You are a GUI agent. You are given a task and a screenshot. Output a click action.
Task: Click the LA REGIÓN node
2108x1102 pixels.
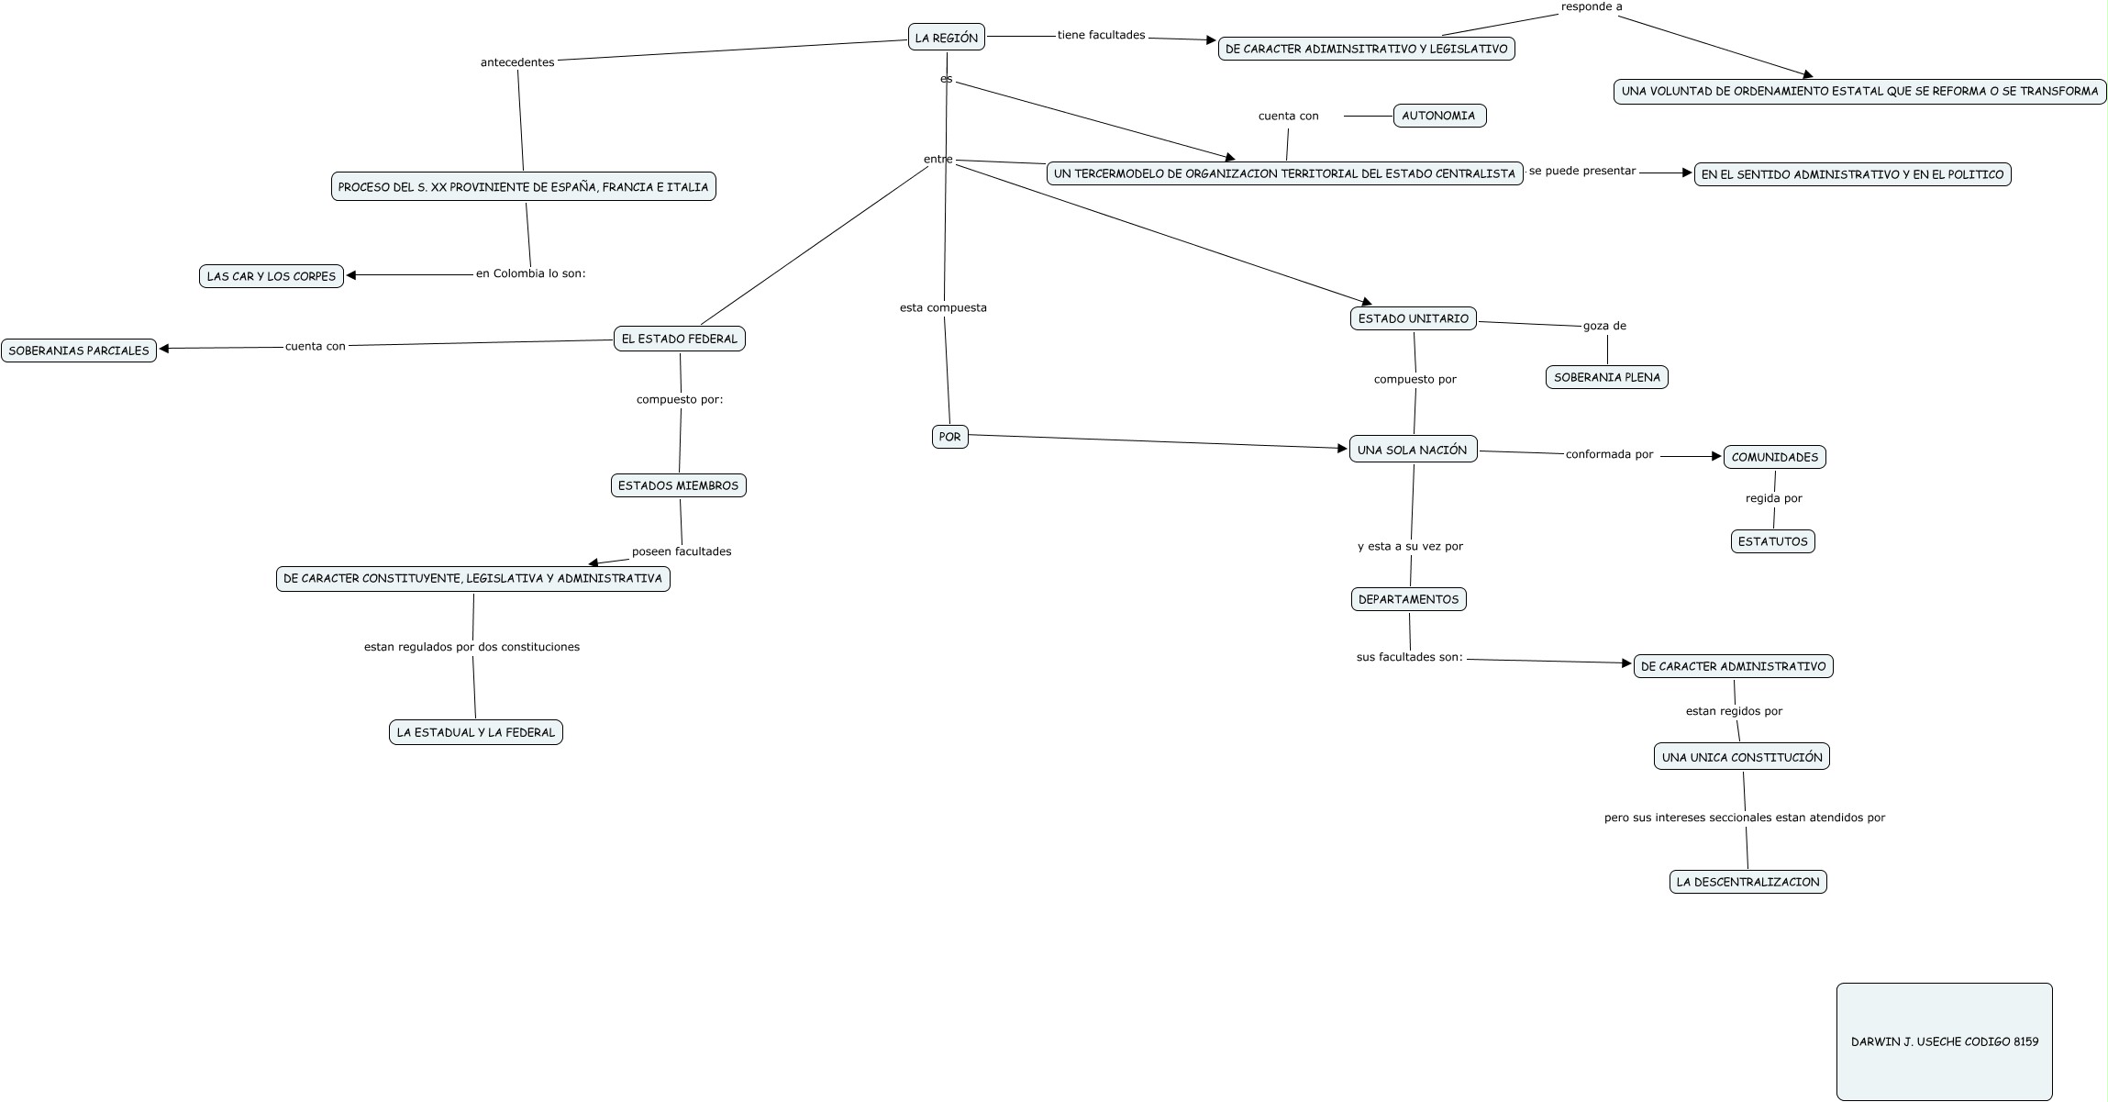pyautogui.click(x=946, y=38)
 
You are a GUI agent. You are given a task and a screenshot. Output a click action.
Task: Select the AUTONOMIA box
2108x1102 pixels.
pyautogui.click(x=1438, y=116)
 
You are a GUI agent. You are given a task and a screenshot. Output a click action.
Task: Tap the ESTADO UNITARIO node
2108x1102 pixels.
pyautogui.click(x=1413, y=318)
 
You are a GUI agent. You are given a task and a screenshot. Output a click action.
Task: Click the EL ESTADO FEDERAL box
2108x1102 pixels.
pyautogui.click(x=679, y=339)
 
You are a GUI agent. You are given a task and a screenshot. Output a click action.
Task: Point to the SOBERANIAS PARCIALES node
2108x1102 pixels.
pyautogui.click(x=79, y=351)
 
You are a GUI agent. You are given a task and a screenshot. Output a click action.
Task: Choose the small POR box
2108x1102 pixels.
pyautogui.click(x=949, y=437)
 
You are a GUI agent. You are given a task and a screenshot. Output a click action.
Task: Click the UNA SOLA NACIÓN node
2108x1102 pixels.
pyautogui.click(x=1413, y=450)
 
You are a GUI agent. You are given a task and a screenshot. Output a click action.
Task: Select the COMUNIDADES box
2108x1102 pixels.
pyautogui.click(x=1774, y=457)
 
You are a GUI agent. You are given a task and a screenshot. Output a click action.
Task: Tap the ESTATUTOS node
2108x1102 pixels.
pyautogui.click(x=1772, y=541)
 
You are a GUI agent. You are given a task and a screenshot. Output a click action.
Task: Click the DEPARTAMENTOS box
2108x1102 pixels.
pyautogui.click(x=1408, y=599)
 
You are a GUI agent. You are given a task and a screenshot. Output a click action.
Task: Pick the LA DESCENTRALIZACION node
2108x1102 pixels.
pyautogui.click(x=1747, y=882)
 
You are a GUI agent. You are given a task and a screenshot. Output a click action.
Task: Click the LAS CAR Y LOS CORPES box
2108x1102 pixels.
pyautogui.click(x=272, y=276)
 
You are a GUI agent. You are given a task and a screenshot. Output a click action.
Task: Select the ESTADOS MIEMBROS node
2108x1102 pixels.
pyautogui.click(x=678, y=485)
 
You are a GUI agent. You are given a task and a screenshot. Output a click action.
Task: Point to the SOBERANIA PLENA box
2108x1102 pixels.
pyautogui.click(x=1606, y=377)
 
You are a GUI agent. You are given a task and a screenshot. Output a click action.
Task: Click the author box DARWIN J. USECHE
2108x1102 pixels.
pyautogui.click(x=1944, y=1041)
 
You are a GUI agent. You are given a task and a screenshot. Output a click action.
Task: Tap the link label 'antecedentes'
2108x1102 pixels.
pyautogui.click(x=517, y=62)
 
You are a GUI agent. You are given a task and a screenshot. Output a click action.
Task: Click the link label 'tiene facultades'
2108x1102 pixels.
pyautogui.click(x=1101, y=35)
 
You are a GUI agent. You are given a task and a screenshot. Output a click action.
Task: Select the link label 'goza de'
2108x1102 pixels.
pyautogui.click(x=1604, y=326)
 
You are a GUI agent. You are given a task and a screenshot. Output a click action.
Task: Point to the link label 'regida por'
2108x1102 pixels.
pyautogui.click(x=1773, y=498)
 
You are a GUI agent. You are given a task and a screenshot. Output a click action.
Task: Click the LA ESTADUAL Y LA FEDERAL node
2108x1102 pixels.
pyautogui.click(x=475, y=732)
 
